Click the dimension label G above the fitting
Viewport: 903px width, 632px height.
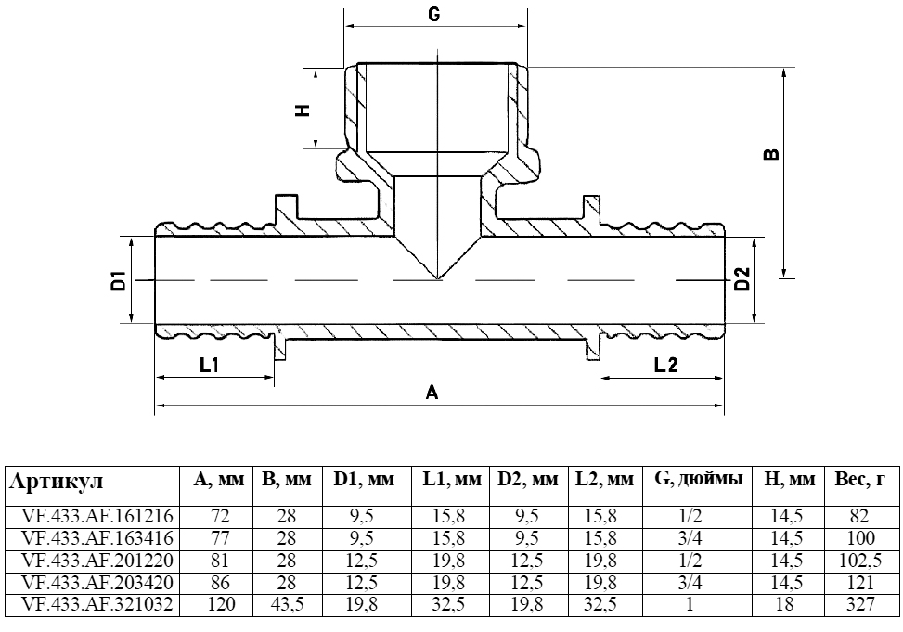[x=433, y=15]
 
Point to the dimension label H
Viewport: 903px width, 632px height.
[x=301, y=110]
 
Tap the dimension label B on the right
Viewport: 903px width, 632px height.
[x=770, y=154]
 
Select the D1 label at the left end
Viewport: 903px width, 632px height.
[x=118, y=279]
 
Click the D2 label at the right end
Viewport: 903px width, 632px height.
[x=742, y=278]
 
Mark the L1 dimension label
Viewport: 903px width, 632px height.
[x=209, y=365]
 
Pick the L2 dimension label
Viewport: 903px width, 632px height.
[x=665, y=365]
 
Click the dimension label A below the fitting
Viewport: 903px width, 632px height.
[x=432, y=393]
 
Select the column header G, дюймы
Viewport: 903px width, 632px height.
[x=698, y=480]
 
